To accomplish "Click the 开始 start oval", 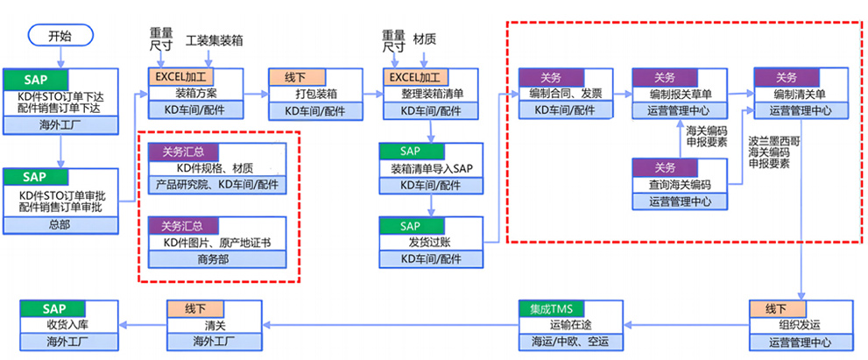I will pos(60,36).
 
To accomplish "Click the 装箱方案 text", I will pos(202,93).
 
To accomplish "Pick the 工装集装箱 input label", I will pos(215,40).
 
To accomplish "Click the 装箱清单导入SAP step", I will pos(431,168).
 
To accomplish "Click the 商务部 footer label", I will pos(217,259).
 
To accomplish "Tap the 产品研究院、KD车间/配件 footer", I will pos(217,185).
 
